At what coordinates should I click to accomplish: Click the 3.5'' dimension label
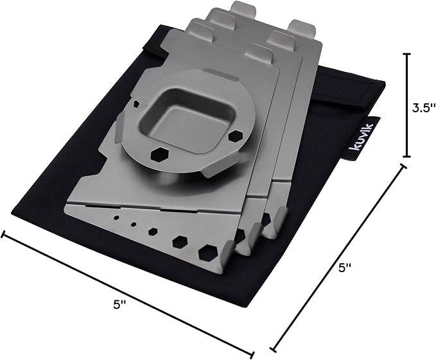coord(423,108)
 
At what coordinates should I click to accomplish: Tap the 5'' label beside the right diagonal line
coord(345,268)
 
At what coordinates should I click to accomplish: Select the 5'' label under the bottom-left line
coord(119,305)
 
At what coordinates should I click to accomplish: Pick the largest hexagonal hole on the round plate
coord(158,155)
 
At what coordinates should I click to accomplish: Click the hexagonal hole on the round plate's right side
coord(235,136)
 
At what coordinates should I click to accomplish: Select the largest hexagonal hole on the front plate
coord(208,253)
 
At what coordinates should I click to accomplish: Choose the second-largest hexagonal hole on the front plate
coord(180,241)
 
